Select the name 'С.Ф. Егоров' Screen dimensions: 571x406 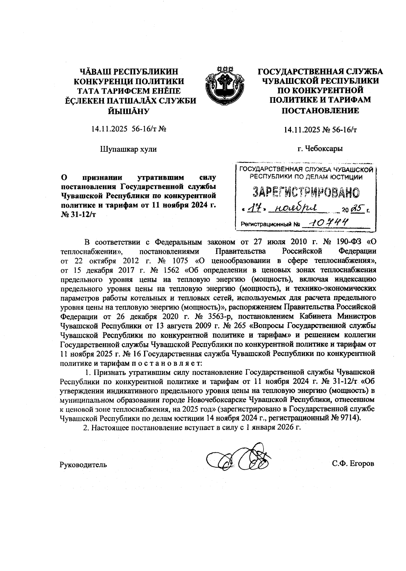(353, 464)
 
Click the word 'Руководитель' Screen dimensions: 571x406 (83, 465)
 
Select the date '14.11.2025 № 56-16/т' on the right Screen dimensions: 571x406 (320, 130)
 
